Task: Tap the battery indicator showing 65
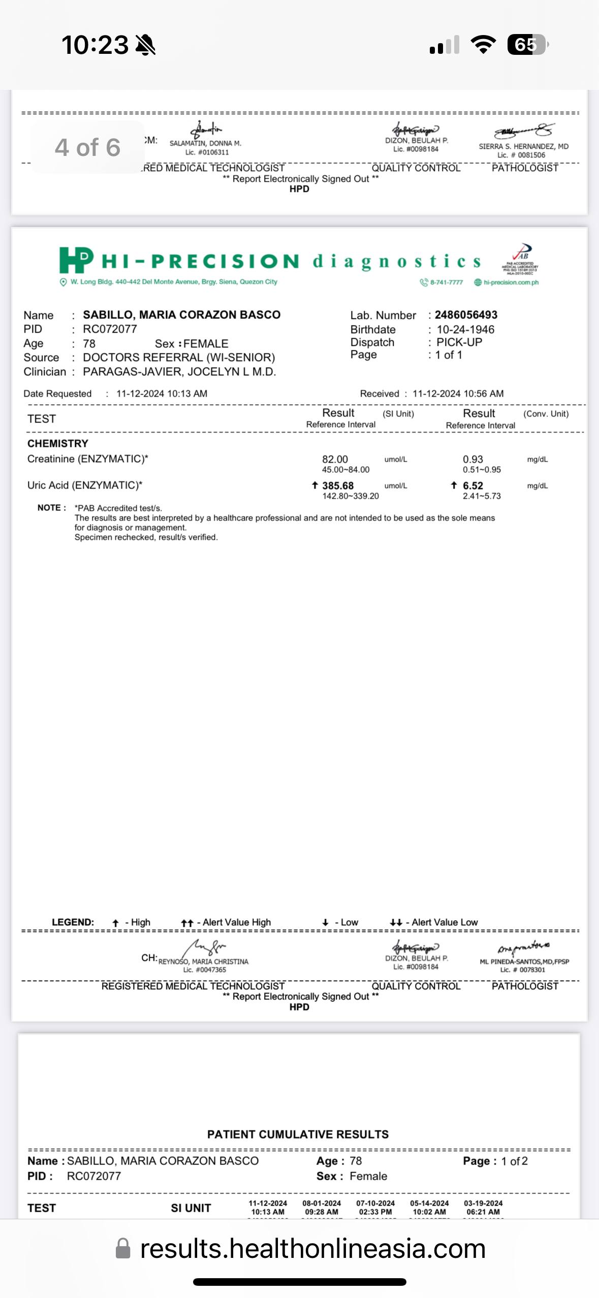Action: click(527, 45)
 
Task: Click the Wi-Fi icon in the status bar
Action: click(483, 45)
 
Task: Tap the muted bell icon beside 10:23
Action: click(146, 45)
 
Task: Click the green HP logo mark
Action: click(76, 259)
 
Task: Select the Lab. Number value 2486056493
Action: click(466, 315)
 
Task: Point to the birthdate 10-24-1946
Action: click(465, 330)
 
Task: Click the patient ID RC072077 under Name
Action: click(110, 329)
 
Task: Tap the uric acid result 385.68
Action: click(338, 485)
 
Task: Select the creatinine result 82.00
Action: click(335, 459)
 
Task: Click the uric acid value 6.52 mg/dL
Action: click(473, 485)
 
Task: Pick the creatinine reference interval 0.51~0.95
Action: click(482, 470)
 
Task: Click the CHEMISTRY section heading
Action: click(58, 443)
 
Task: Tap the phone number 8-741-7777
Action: click(446, 282)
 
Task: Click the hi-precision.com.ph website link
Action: click(511, 282)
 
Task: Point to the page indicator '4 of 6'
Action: click(87, 147)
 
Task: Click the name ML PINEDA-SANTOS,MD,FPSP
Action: click(524, 961)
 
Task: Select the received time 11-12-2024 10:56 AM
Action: click(458, 394)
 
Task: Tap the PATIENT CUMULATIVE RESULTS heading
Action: click(298, 1134)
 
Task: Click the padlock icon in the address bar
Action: click(123, 1248)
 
